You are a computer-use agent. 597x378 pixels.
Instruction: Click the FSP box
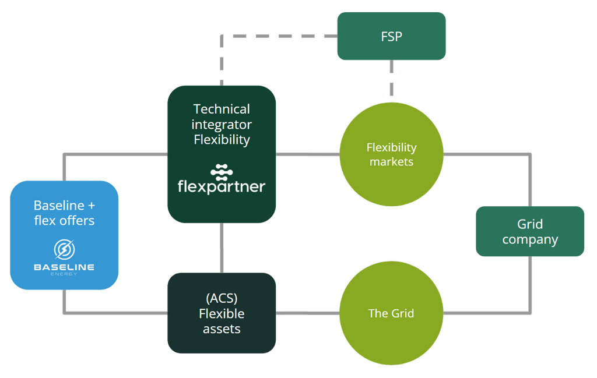(x=391, y=36)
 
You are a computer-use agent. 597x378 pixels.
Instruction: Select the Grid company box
(x=530, y=231)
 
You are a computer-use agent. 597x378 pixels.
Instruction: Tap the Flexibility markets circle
(x=391, y=154)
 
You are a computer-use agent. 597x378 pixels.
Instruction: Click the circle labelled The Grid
(x=391, y=313)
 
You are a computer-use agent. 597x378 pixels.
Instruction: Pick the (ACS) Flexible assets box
(x=222, y=313)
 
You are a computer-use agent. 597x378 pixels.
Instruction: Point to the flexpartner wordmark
(x=222, y=187)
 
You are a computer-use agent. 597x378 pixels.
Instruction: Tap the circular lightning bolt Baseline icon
(x=64, y=249)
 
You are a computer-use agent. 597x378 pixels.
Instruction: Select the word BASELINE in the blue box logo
(x=64, y=267)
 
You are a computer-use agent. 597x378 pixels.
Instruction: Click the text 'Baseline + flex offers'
(x=64, y=213)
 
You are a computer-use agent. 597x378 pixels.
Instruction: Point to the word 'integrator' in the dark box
(x=222, y=124)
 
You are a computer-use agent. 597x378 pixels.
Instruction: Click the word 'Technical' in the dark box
(x=222, y=109)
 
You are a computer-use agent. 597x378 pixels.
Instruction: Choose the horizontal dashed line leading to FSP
(x=280, y=36)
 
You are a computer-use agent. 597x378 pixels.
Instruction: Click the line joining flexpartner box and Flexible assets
(x=222, y=248)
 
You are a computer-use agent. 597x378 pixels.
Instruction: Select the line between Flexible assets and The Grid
(x=307, y=313)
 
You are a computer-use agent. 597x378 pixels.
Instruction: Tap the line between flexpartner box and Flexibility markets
(x=307, y=154)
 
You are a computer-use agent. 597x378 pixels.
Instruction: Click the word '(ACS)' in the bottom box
(x=222, y=298)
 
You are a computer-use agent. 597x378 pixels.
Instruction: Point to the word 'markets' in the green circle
(x=391, y=162)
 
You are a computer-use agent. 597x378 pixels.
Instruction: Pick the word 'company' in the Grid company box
(x=530, y=239)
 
